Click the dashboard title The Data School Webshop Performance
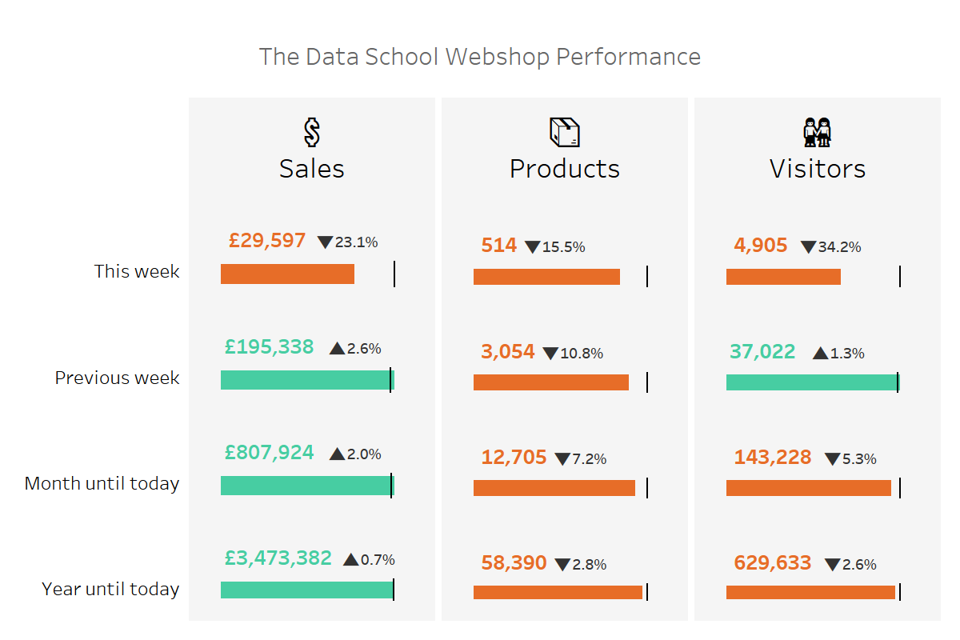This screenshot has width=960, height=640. click(x=480, y=58)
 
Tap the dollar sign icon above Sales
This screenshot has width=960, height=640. click(x=312, y=133)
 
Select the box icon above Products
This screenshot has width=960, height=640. click(x=565, y=133)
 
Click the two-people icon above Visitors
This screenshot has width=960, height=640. click(x=818, y=133)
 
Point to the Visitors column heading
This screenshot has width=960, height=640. click(x=818, y=169)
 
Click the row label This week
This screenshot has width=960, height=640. click(x=137, y=271)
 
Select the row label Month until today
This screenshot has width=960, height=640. click(x=102, y=483)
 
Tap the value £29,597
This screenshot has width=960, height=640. click(x=267, y=241)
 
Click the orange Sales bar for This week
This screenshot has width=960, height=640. click(x=287, y=274)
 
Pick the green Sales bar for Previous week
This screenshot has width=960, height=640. click(x=307, y=380)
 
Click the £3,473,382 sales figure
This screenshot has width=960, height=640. click(x=278, y=558)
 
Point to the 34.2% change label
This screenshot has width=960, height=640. click(x=840, y=247)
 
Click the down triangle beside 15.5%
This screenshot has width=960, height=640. click(x=533, y=247)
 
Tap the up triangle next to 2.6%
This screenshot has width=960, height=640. click(x=337, y=349)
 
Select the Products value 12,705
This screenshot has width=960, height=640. click(x=514, y=458)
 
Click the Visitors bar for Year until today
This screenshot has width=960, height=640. click(x=810, y=592)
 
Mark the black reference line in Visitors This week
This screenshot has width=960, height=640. click(x=900, y=277)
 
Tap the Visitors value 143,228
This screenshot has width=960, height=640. click(x=773, y=458)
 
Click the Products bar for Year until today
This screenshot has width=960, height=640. click(x=558, y=592)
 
